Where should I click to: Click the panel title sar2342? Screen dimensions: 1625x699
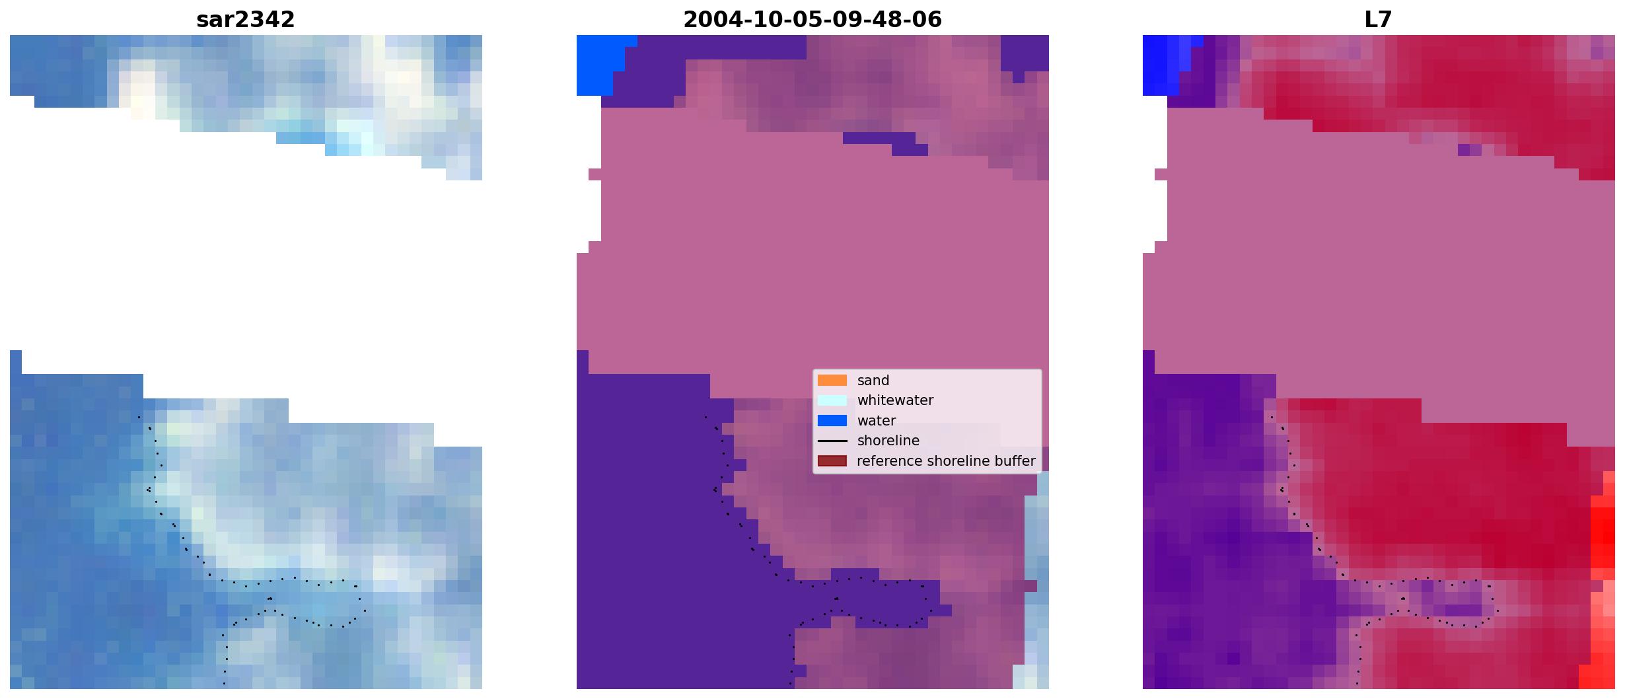(x=245, y=20)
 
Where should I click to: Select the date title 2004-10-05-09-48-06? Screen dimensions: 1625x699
(x=812, y=20)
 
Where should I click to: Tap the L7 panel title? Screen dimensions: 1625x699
(x=1378, y=20)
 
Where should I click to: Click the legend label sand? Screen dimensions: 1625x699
(x=873, y=381)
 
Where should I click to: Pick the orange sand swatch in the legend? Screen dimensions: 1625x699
(x=832, y=381)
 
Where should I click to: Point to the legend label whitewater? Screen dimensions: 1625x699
(x=895, y=400)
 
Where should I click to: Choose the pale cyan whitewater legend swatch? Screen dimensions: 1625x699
(x=832, y=400)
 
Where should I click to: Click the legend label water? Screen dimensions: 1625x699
(x=876, y=421)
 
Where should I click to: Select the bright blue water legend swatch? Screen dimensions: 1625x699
(x=832, y=421)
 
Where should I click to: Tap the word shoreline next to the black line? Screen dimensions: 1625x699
(x=888, y=441)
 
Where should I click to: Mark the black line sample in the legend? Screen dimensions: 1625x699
(x=832, y=441)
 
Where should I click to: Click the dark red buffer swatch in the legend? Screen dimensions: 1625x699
(x=832, y=461)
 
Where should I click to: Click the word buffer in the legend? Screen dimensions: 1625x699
(x=1017, y=461)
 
